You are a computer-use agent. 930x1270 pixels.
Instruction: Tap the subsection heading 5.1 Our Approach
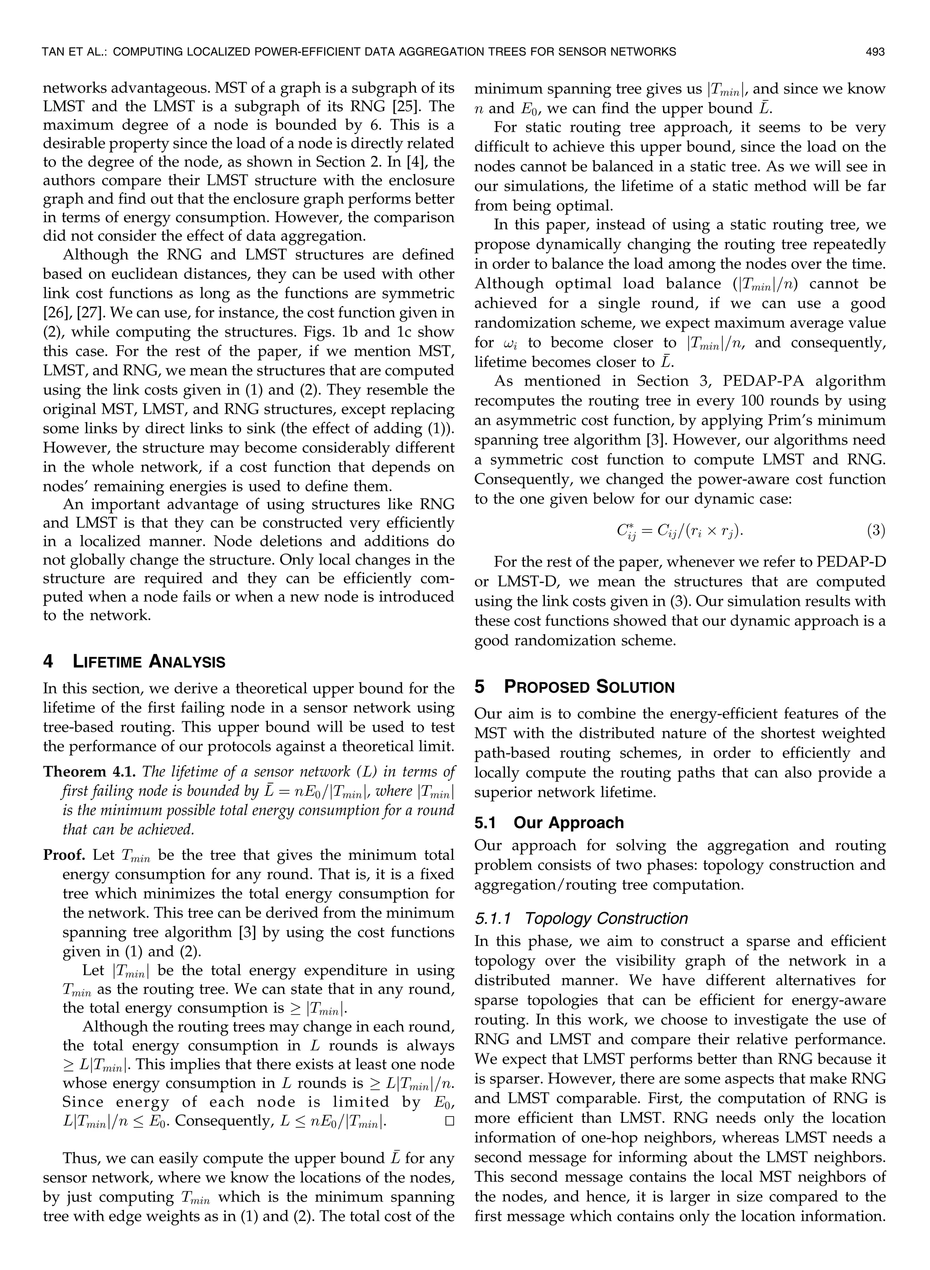549,823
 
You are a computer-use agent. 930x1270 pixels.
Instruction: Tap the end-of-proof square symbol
449,1121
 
